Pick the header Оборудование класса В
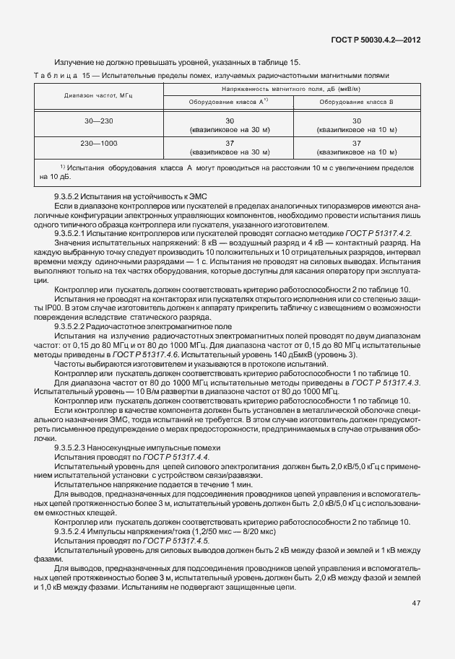(x=356, y=102)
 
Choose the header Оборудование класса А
(x=229, y=102)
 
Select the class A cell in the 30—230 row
(x=229, y=125)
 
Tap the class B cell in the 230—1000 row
(x=356, y=148)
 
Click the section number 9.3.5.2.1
(x=74, y=232)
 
